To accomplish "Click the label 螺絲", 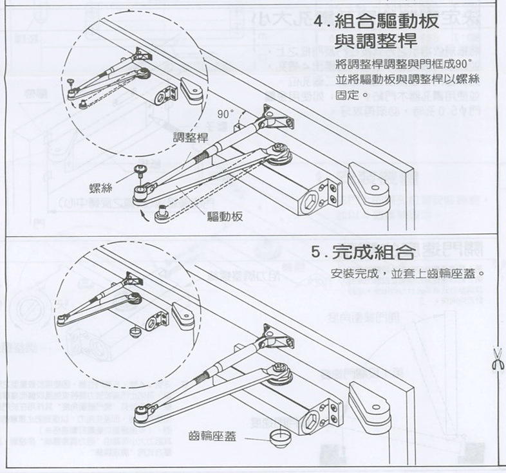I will point(102,188).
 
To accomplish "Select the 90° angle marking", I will point(226,114).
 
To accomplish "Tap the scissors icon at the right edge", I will point(496,358).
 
